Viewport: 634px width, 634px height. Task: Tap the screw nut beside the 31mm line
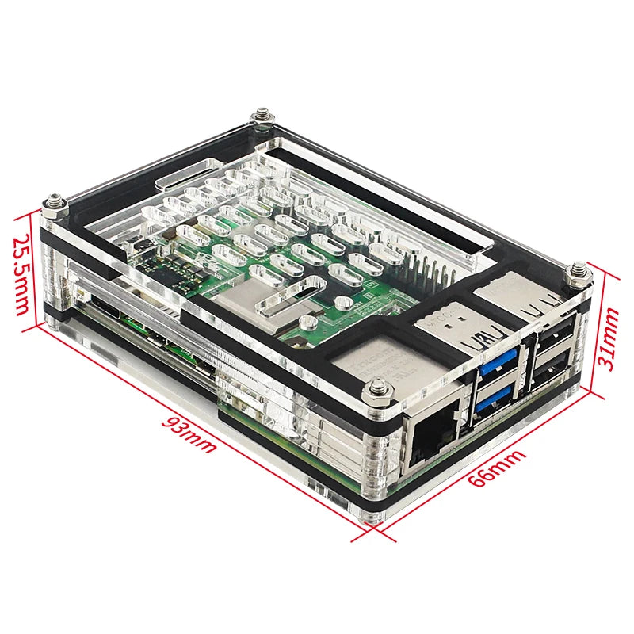[579, 273]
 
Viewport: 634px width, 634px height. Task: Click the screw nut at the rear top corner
[262, 118]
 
